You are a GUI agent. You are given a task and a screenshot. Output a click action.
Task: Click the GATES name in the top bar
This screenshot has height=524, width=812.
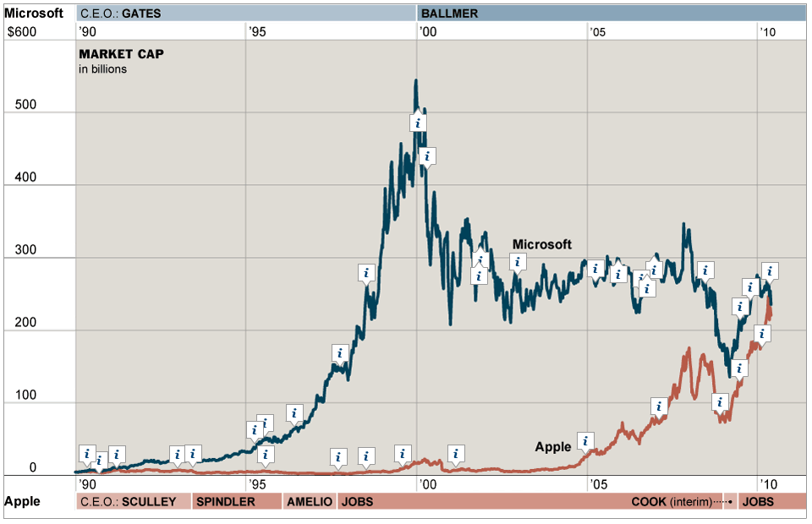[140, 14]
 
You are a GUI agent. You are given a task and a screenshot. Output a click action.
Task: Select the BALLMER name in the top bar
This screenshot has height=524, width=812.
[449, 14]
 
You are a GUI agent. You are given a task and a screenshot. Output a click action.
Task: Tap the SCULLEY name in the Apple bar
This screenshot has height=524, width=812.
[149, 501]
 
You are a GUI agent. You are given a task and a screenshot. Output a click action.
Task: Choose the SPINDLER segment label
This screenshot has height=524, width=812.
[225, 501]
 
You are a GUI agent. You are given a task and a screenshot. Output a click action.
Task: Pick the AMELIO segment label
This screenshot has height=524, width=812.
[310, 501]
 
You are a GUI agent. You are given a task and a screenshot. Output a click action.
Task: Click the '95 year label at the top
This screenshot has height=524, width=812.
[257, 31]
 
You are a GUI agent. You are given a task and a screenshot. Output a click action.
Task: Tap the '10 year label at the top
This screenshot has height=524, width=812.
[766, 31]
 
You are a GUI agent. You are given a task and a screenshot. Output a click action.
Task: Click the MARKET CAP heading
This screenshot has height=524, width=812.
[121, 54]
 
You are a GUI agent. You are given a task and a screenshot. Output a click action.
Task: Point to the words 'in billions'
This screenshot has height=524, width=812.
[103, 69]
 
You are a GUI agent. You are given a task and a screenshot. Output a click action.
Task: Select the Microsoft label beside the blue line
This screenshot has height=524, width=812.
[542, 244]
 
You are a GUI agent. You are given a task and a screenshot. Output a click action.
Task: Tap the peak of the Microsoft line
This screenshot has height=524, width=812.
[415, 81]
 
